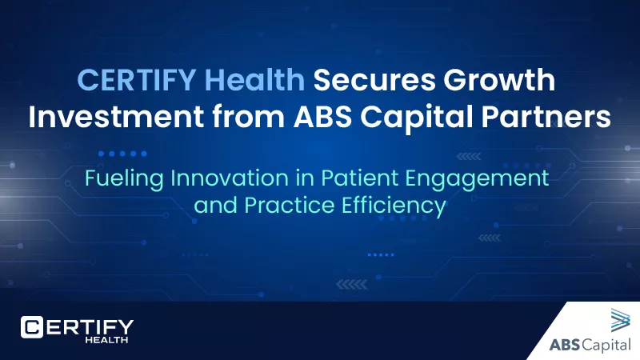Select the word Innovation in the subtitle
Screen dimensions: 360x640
point(226,178)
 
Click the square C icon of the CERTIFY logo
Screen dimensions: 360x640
point(33,327)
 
